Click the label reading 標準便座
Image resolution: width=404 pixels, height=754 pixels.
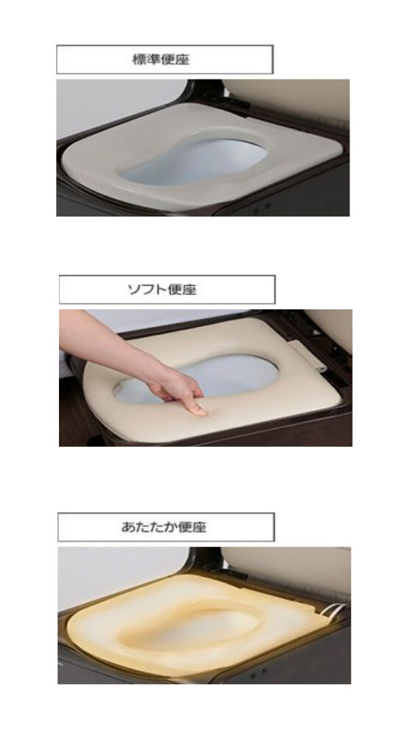coord(161,60)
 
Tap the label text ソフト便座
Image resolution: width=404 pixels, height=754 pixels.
coord(162,289)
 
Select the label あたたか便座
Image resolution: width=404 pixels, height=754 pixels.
coord(164,527)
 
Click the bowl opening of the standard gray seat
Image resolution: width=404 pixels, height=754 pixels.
coord(192,161)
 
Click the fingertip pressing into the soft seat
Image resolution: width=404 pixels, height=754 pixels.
coord(198,410)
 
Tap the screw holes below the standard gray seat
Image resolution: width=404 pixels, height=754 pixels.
coord(262,207)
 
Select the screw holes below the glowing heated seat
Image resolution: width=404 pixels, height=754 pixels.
coord(260,673)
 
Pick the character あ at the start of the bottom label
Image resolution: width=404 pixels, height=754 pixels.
coord(127,527)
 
